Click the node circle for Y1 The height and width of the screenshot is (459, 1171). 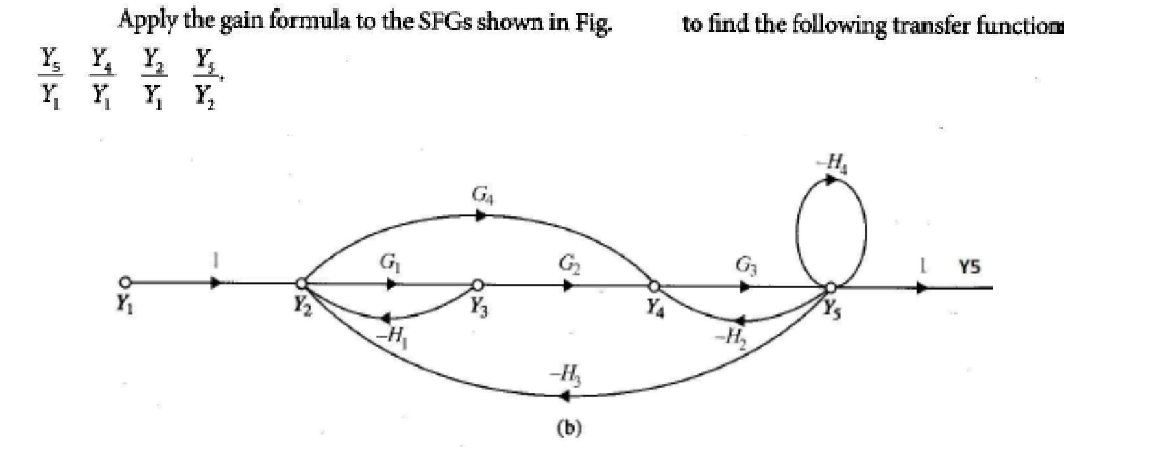[x=124, y=282]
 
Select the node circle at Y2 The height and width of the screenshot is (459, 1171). [x=300, y=282]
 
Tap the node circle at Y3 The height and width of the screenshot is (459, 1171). [x=478, y=284]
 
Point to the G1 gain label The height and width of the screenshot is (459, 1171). [x=388, y=262]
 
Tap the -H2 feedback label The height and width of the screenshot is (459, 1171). [x=729, y=336]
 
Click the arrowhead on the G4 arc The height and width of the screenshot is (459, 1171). [x=482, y=215]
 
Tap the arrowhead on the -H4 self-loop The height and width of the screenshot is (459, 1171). [x=832, y=180]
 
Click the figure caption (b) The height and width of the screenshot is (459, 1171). [x=569, y=428]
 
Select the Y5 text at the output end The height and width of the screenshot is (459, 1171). [x=969, y=266]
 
